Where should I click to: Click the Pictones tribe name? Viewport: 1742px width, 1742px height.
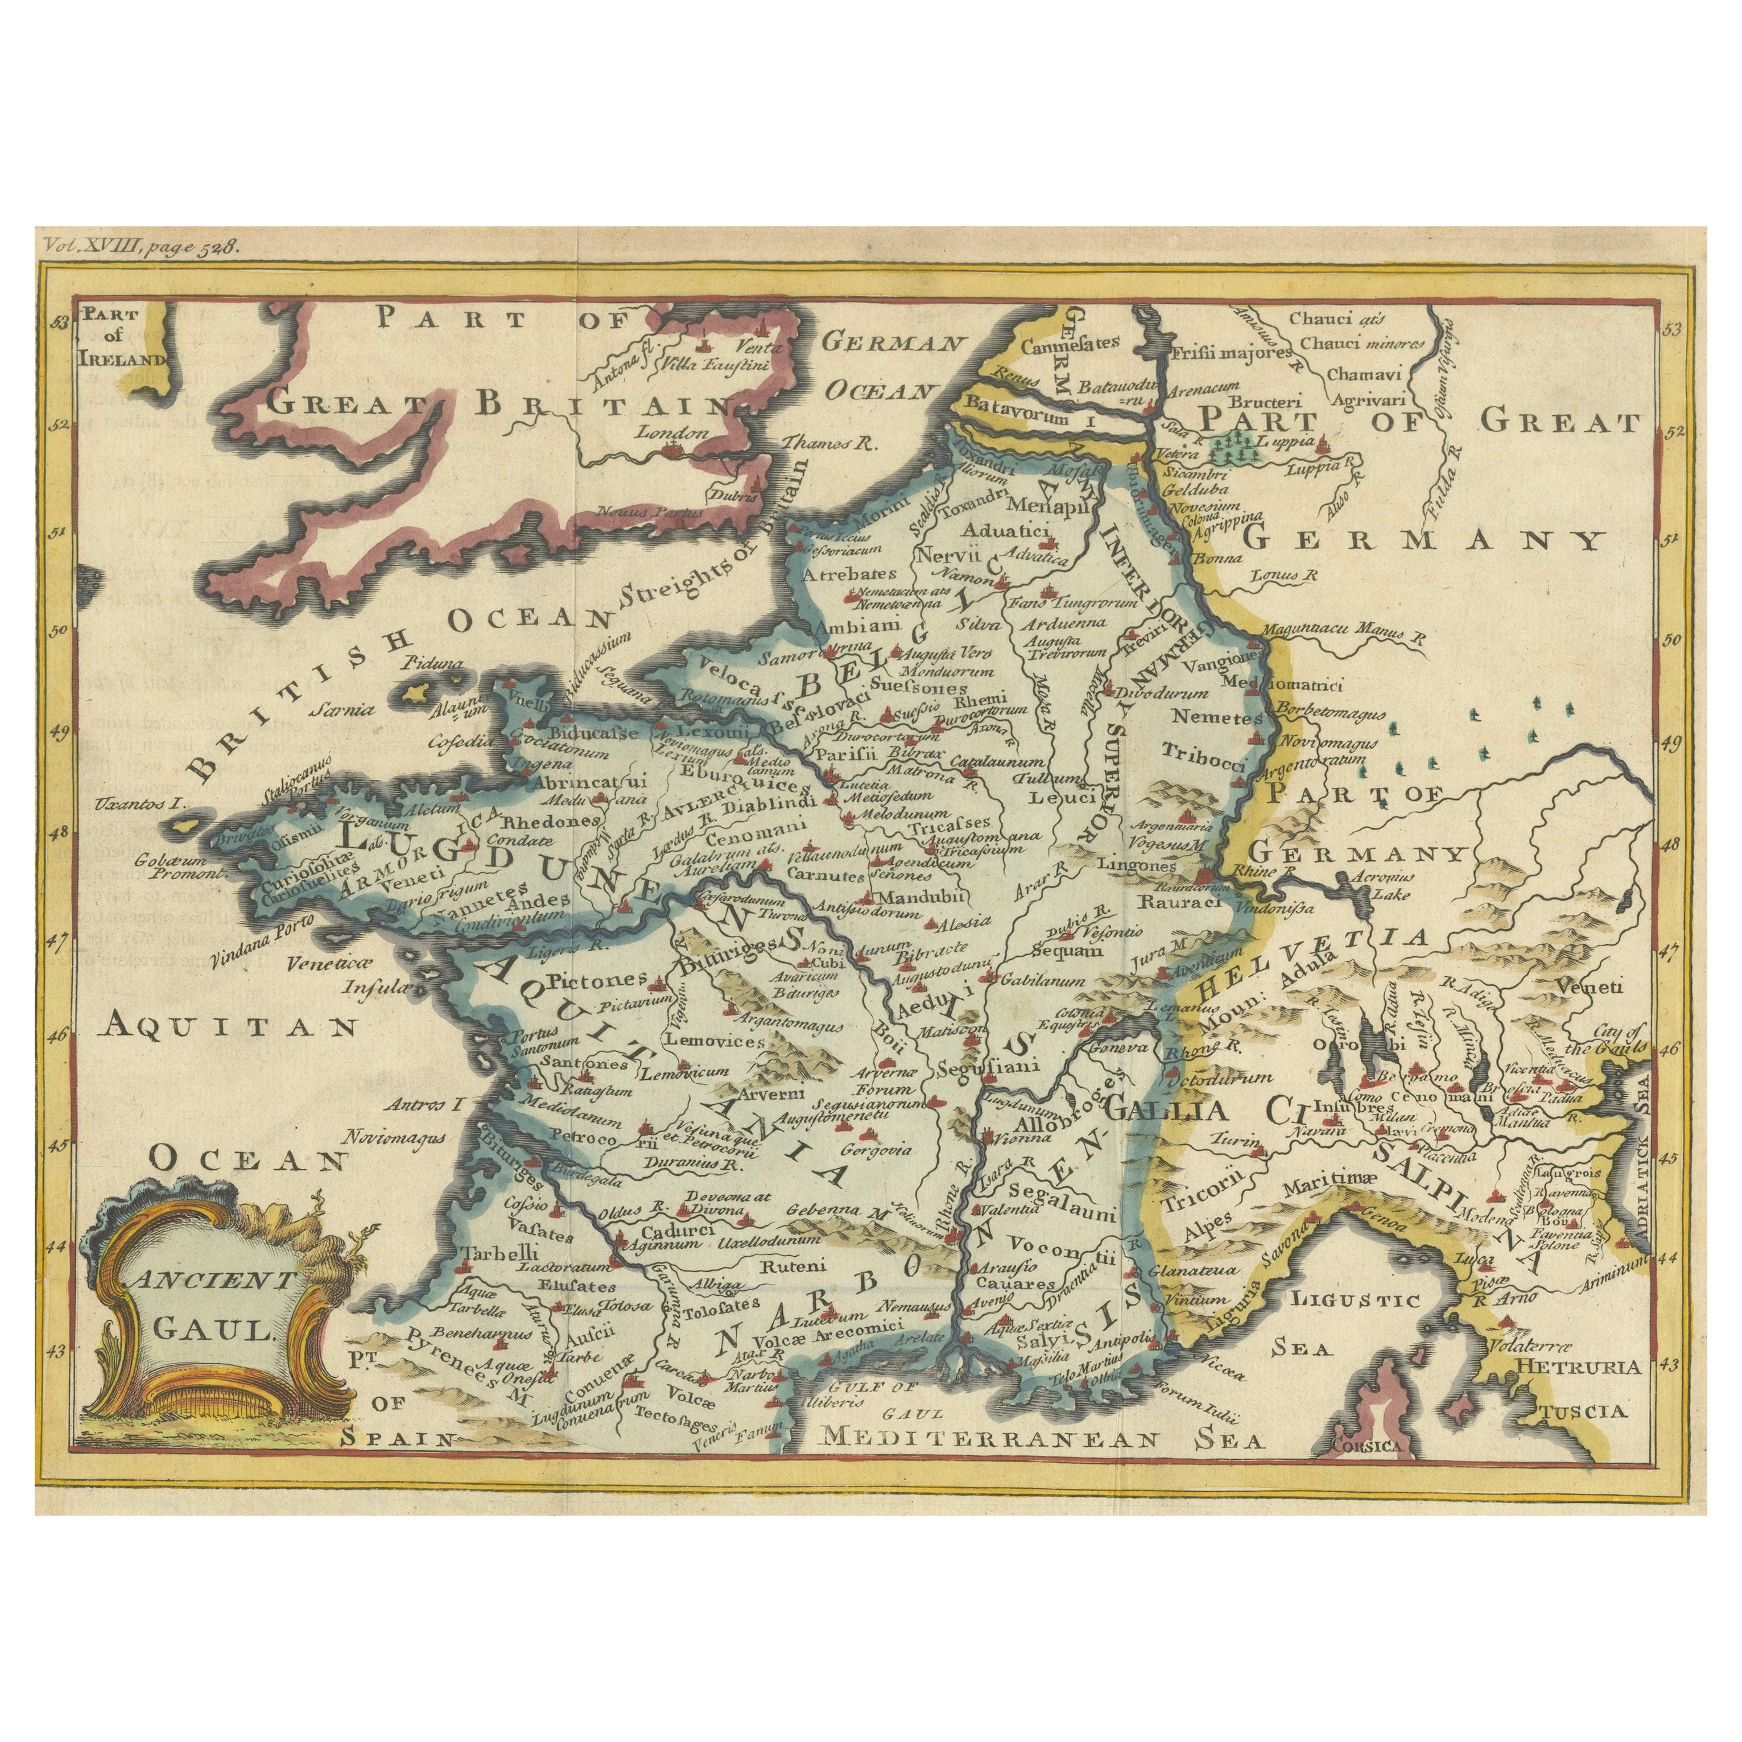tap(597, 976)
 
